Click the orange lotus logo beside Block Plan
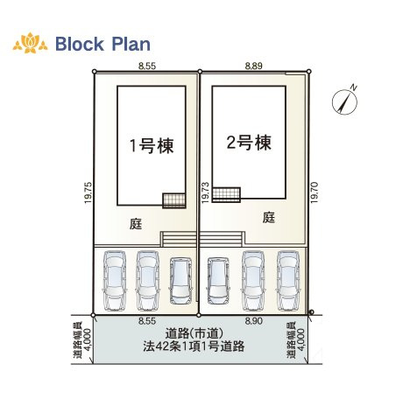[30, 43]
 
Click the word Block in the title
[80, 44]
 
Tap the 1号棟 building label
[152, 145]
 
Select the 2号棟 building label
[249, 143]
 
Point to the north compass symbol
[345, 101]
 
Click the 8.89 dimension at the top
[253, 66]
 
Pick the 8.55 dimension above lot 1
[147, 66]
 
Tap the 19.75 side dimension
[88, 192]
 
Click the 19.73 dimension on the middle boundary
[205, 192]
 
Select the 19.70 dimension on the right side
[315, 192]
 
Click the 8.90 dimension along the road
[253, 321]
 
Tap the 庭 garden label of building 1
[136, 224]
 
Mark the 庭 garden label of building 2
[269, 217]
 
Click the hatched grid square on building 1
[174, 200]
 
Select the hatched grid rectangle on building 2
[226, 194]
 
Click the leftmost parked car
[115, 281]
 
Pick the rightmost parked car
[288, 281]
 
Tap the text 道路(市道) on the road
[194, 333]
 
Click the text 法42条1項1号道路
[194, 346]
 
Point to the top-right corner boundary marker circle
[309, 71]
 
